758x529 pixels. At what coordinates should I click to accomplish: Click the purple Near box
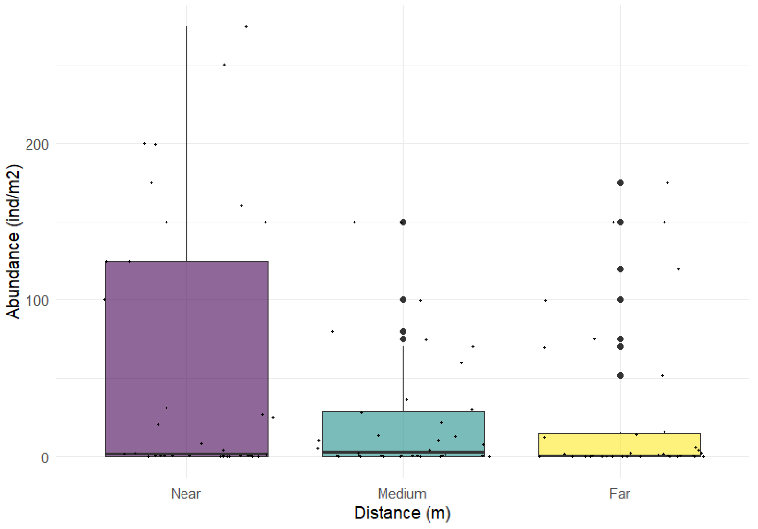[x=187, y=357]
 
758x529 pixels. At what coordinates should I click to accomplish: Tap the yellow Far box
[x=620, y=444]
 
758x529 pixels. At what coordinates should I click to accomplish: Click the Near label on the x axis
[x=186, y=494]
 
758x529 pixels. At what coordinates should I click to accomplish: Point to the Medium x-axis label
[x=402, y=494]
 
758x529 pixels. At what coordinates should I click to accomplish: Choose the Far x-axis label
[x=620, y=494]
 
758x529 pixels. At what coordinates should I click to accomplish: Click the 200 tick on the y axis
[x=37, y=144]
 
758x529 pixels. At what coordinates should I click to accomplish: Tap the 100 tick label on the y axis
[x=37, y=301]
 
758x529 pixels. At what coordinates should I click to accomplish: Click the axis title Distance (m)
[x=402, y=513]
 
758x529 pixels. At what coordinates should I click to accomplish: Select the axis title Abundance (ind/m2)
[x=13, y=241]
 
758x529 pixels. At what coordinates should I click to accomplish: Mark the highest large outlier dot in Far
[x=620, y=183]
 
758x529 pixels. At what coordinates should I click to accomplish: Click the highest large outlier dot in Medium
[x=403, y=222]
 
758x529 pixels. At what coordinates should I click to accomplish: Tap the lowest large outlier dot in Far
[x=620, y=376]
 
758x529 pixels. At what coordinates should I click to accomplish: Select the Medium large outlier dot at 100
[x=403, y=300]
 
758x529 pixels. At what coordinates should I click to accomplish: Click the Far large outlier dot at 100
[x=620, y=300]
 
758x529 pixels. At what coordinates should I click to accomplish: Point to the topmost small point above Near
[x=246, y=27]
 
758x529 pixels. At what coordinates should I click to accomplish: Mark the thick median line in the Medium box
[x=403, y=452]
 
